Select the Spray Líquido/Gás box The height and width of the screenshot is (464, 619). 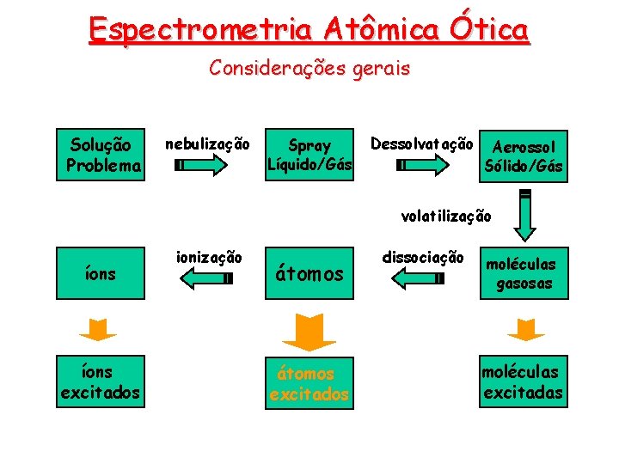[309, 155]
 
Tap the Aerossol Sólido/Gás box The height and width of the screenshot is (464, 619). [524, 155]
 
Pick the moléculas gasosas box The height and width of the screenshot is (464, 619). [520, 274]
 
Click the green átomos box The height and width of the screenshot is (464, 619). [309, 274]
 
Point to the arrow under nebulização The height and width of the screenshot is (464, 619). [207, 164]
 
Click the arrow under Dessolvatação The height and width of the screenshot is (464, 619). [421, 164]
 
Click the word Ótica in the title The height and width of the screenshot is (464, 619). [493, 30]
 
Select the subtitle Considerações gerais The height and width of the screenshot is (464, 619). [309, 68]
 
